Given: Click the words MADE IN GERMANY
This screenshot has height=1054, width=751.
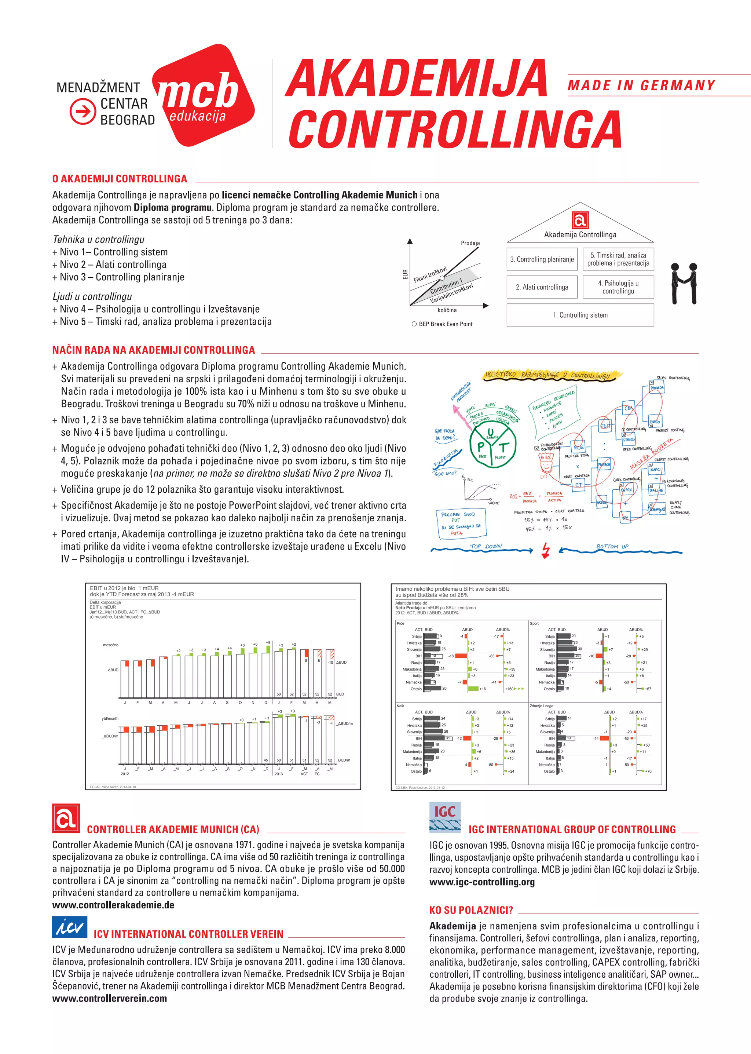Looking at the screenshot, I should (641, 85).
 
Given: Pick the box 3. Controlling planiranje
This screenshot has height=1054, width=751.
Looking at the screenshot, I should (542, 260).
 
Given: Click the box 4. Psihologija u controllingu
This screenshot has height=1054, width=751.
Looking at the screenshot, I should (618, 287).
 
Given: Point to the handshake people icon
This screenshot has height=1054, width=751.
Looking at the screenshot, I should (684, 283).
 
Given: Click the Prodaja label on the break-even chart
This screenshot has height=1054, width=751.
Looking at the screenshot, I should (470, 243).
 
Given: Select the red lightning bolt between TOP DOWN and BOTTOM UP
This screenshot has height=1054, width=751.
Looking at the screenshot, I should (546, 550).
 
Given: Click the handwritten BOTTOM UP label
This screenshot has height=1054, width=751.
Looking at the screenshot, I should (612, 546).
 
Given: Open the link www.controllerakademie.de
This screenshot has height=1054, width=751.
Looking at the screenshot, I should (113, 905).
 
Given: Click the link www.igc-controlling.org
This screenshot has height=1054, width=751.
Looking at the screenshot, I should (482, 882).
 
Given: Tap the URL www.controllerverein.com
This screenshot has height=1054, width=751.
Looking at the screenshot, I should (110, 998).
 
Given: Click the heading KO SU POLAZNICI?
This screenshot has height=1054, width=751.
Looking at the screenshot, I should (471, 910).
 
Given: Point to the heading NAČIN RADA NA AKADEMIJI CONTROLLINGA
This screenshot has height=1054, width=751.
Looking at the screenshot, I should (154, 350).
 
